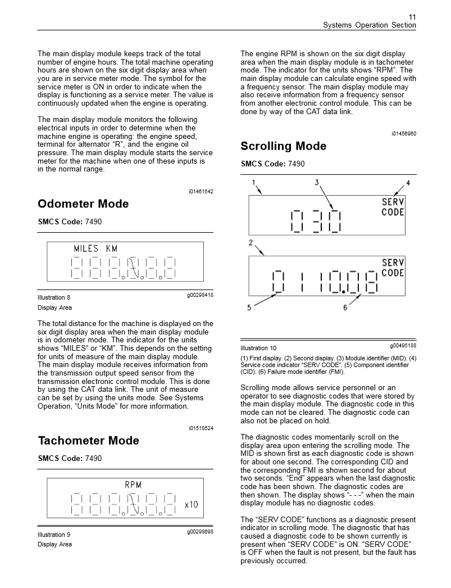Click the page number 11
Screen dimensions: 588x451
412,16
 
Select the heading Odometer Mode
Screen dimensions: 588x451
83,204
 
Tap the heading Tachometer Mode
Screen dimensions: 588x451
88,441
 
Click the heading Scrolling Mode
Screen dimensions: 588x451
283,146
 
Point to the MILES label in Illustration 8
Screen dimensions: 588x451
86,248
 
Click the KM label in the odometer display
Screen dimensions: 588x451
112,248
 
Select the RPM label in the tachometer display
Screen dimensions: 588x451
133,485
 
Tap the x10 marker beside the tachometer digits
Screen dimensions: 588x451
191,505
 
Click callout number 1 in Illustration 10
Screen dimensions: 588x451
254,183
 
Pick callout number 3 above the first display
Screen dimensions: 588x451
317,183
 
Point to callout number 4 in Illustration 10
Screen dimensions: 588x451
408,183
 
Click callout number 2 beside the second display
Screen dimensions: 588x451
251,243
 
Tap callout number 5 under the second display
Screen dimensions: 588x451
249,307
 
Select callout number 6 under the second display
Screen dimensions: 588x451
345,307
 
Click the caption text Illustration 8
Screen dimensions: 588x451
54,297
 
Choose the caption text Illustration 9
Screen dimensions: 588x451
54,534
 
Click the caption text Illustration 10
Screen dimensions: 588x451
258,348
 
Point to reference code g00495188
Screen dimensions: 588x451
403,345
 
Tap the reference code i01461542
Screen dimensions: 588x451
201,192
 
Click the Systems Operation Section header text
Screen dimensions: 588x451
370,25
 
